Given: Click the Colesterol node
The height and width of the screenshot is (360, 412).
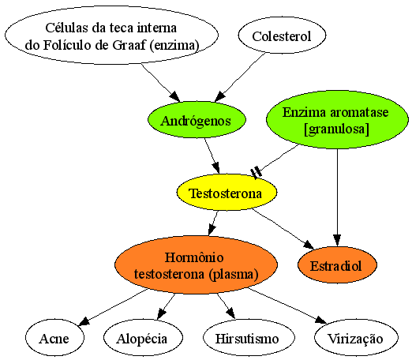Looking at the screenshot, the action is [282, 36].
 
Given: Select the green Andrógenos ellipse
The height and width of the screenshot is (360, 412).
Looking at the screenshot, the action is [197, 120].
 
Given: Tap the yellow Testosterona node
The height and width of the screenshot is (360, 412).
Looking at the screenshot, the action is [227, 192].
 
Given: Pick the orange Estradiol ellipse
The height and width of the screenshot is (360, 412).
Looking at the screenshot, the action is [337, 264].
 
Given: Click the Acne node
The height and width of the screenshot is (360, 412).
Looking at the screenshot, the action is [54, 337].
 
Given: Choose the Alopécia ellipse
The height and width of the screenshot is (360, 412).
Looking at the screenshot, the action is [143, 337].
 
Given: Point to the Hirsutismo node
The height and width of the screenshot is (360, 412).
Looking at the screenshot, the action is [249, 337].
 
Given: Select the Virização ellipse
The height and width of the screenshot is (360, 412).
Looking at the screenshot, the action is [356, 337].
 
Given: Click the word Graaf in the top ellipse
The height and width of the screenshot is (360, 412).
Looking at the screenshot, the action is [129, 45].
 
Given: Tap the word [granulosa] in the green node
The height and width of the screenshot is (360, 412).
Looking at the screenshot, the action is [336, 129].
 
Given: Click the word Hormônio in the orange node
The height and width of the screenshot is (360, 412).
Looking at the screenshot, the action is [194, 257].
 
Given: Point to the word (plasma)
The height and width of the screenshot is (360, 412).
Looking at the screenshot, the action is [234, 274].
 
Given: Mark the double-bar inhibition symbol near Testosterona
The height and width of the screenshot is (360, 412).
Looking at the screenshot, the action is [256, 172].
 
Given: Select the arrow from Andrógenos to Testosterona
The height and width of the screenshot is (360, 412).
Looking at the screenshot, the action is [212, 156].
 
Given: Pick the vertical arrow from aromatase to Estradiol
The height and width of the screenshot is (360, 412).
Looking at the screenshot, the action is [337, 197].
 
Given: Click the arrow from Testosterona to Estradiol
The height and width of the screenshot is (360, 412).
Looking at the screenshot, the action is [283, 229].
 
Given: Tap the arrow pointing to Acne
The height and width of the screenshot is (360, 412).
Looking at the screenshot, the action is [113, 307].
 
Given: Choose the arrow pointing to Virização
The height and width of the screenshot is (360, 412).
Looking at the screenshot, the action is [287, 306].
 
